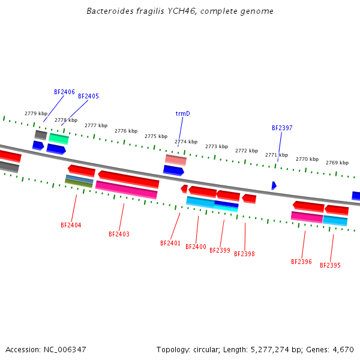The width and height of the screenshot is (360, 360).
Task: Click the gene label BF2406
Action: pos(64,92)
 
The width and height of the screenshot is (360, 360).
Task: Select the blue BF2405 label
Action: pos(88,96)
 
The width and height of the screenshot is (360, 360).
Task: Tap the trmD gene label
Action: pos(182,113)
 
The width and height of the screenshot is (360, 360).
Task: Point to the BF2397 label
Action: pos(282,128)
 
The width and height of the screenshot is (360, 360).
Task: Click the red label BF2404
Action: pos(71,225)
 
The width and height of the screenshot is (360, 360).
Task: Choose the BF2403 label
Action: pos(119,234)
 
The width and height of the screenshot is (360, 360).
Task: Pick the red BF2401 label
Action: pos(170,243)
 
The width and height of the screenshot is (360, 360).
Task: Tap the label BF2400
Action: pos(196,247)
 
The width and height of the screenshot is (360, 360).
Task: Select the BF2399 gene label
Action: pos(220,250)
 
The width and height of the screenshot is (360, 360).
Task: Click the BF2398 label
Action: pos(244,254)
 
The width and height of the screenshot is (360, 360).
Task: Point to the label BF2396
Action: pos(301,262)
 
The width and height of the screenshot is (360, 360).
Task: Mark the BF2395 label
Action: pos(330,265)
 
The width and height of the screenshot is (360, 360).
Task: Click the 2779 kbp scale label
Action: pos(36,113)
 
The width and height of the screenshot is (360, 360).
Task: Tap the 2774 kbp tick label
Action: pos(186,142)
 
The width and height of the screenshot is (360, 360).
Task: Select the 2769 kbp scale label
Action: pos(337,163)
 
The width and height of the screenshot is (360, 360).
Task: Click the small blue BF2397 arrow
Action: pos(274,185)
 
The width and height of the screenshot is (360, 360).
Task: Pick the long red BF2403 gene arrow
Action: pos(128,178)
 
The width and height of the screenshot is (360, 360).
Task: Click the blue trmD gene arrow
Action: pos(173,170)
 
